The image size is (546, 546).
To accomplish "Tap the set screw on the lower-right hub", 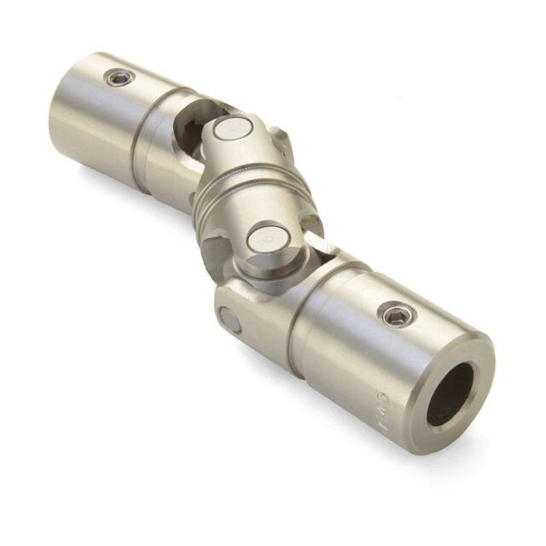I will (x=396, y=316).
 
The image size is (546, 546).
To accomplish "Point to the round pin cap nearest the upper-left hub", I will (x=229, y=129).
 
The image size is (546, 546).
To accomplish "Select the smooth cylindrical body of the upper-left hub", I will (x=94, y=119).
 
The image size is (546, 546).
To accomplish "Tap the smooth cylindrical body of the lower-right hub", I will (x=358, y=350).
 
